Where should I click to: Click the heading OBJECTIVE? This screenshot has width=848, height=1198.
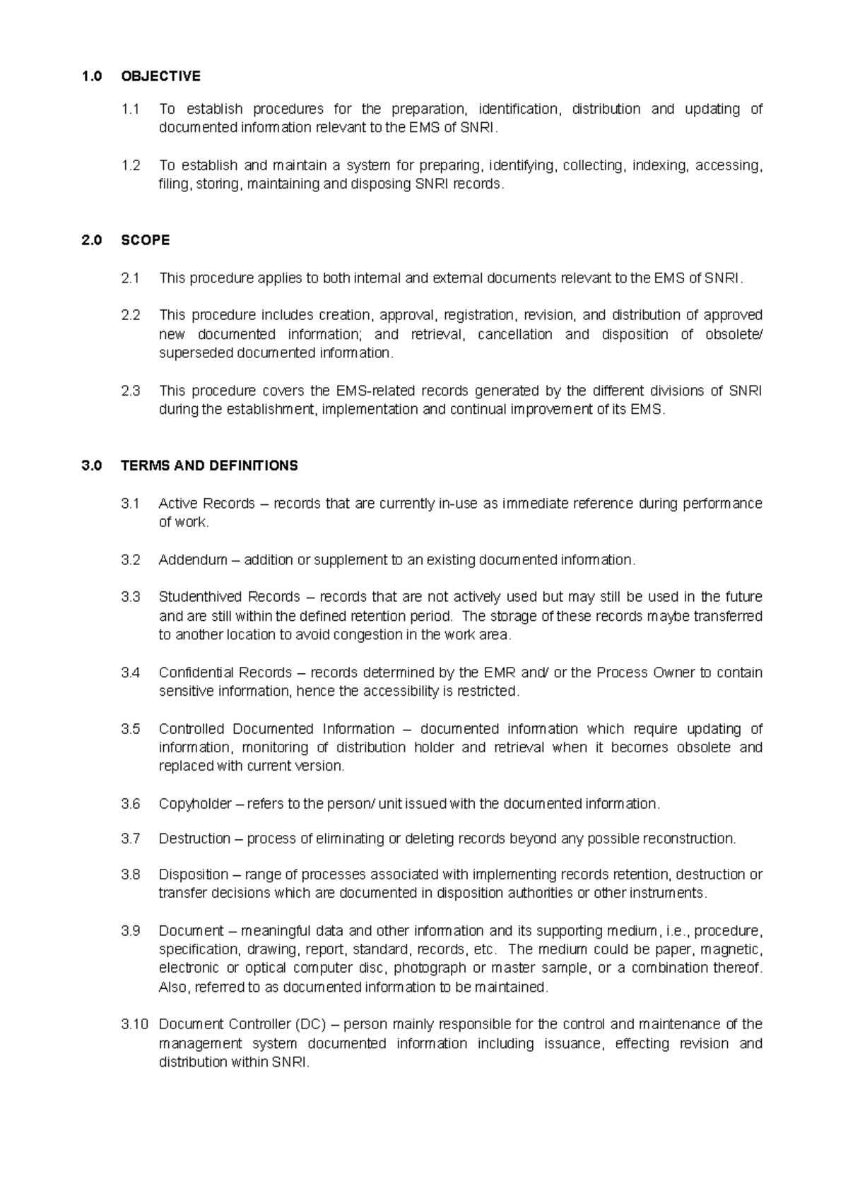pyautogui.click(x=160, y=76)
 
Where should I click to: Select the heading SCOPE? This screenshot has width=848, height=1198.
pyautogui.click(x=145, y=240)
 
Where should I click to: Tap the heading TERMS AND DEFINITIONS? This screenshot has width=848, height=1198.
pyautogui.click(x=209, y=466)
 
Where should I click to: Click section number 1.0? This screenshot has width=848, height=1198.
pyautogui.click(x=92, y=76)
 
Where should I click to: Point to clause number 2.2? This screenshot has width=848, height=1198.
pyautogui.click(x=131, y=315)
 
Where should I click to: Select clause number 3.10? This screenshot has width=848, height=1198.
pyautogui.click(x=134, y=1024)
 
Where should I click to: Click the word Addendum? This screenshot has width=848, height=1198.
pyautogui.click(x=193, y=560)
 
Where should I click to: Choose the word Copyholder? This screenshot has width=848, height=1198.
pyautogui.click(x=195, y=804)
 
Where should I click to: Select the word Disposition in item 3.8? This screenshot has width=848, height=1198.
pyautogui.click(x=194, y=874)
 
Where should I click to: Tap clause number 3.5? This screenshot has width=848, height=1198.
pyautogui.click(x=131, y=729)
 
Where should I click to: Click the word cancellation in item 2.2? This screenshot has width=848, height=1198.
pyautogui.click(x=514, y=334)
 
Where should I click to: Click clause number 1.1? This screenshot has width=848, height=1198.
pyautogui.click(x=131, y=109)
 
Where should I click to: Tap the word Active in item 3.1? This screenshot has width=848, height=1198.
pyautogui.click(x=178, y=504)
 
